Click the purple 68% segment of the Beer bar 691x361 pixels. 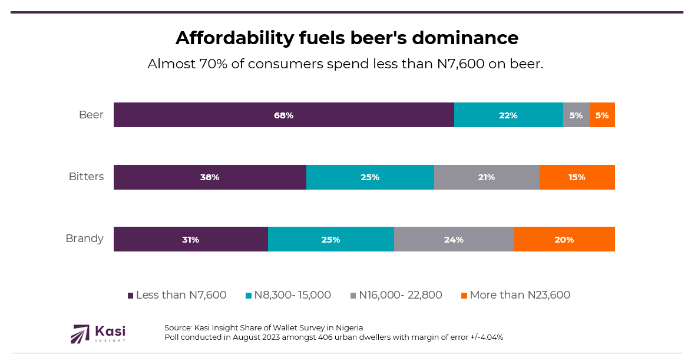coord(283,115)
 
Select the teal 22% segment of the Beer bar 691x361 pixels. coord(508,115)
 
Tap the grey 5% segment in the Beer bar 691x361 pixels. coord(576,115)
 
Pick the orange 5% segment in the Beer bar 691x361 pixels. coord(602,115)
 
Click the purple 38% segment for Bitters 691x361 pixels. coord(210,177)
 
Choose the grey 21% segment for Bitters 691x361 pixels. coord(487,177)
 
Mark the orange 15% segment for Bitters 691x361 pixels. coord(577,177)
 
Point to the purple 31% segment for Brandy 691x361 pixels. coord(190,239)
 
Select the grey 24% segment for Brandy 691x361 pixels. coord(454,239)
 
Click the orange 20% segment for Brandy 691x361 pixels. coord(564,239)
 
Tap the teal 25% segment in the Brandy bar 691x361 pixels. coord(330,239)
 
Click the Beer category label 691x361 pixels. coord(91,115)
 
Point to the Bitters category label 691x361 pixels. coord(86,177)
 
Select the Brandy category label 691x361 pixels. coord(84,239)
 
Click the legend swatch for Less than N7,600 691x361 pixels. coord(131,296)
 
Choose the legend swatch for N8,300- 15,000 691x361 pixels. coord(249,296)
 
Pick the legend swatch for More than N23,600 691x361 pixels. coord(464,296)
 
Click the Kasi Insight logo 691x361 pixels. coord(98,334)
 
